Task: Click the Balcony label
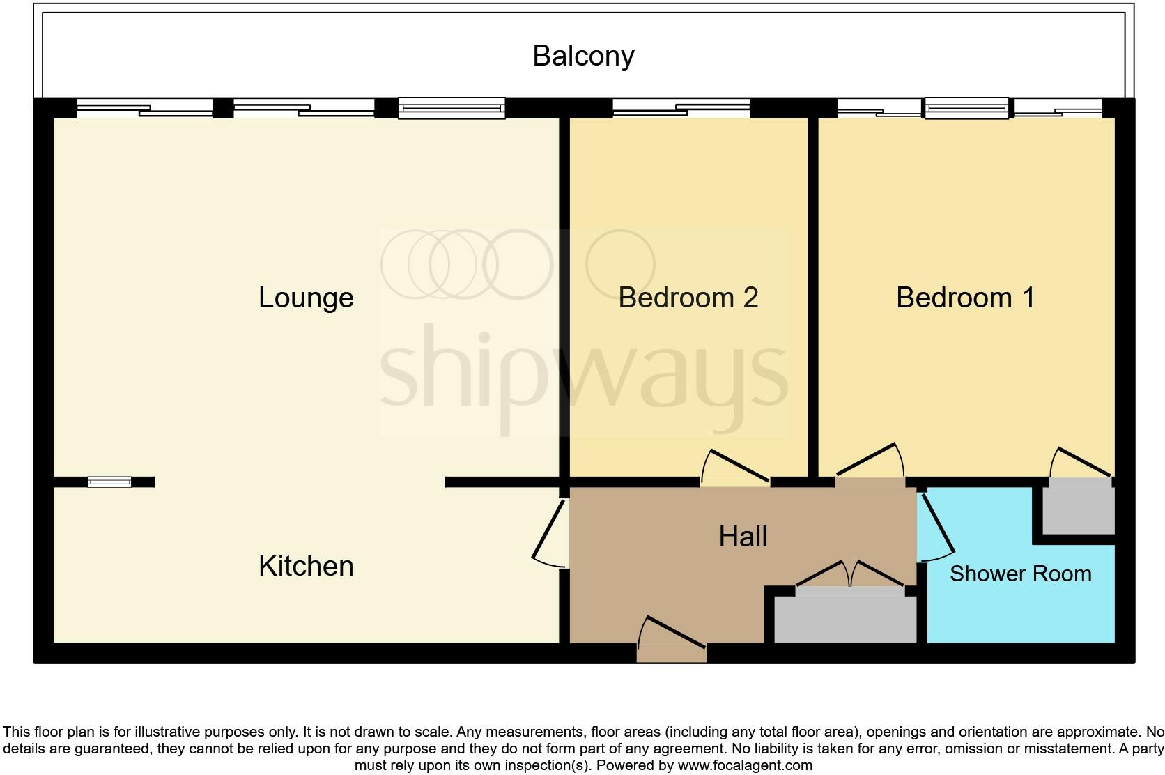(x=583, y=56)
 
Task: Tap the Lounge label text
(x=306, y=298)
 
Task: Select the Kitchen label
(x=306, y=566)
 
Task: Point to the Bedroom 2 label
(x=688, y=298)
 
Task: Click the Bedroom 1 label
(x=965, y=298)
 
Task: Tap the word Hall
(x=743, y=537)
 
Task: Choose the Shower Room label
(x=1020, y=574)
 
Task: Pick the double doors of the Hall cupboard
(x=850, y=576)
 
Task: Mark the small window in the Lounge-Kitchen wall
(x=109, y=482)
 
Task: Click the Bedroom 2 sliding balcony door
(x=681, y=108)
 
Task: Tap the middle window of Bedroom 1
(x=966, y=108)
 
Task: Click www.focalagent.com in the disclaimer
(x=745, y=765)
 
